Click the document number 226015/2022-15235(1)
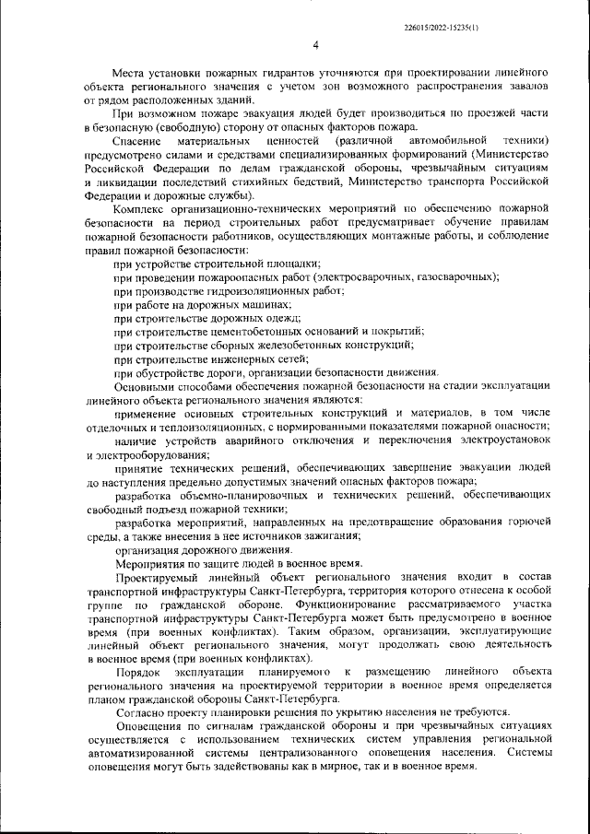coord(441,29)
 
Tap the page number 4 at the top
coord(315,45)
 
